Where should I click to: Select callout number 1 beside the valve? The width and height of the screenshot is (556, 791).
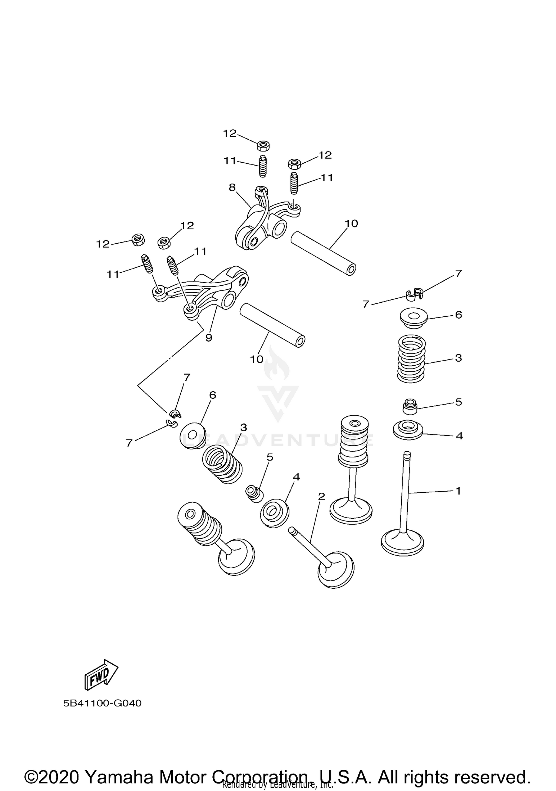tap(458, 491)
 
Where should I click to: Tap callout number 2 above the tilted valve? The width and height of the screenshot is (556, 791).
tap(321, 496)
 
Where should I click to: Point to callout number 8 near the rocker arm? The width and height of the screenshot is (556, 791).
tap(232, 187)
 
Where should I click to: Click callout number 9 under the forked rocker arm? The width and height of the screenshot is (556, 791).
tap(209, 338)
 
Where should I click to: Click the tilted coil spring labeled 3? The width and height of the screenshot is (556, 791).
tap(222, 465)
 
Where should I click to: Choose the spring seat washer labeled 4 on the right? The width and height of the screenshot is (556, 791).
tap(408, 429)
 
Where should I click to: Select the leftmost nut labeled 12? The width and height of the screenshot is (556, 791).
tap(138, 240)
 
